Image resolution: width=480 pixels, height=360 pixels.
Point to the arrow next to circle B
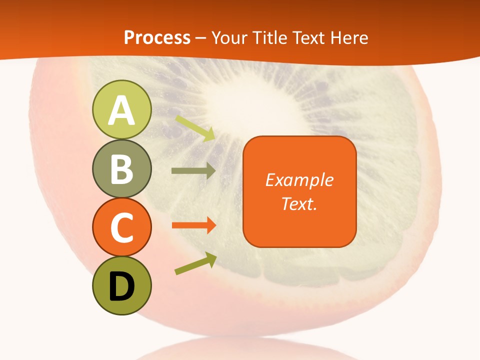pyautogui.click(x=193, y=171)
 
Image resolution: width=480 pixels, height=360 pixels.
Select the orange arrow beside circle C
pyautogui.click(x=193, y=225)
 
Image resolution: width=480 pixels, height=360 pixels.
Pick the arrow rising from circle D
pyautogui.click(x=195, y=264)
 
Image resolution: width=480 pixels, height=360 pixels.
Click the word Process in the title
pyautogui.click(x=157, y=37)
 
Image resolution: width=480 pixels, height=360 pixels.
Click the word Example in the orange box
pyautogui.click(x=299, y=180)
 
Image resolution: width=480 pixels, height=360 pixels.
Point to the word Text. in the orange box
pyautogui.click(x=299, y=204)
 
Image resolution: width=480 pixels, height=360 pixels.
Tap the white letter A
pyautogui.click(x=121, y=110)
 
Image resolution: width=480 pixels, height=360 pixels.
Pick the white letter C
pyautogui.click(x=121, y=227)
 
